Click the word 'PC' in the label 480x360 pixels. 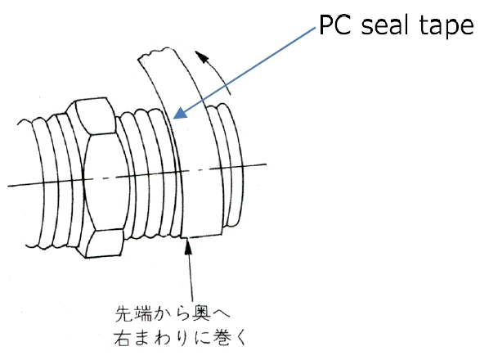335,25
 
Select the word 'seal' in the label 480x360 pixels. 385,25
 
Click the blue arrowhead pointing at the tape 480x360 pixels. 180,112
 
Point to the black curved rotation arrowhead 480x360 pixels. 202,56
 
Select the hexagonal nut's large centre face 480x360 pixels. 105,182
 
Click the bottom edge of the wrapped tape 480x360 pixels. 201,236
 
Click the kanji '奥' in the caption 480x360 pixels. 201,313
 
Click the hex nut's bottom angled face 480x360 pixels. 104,243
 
